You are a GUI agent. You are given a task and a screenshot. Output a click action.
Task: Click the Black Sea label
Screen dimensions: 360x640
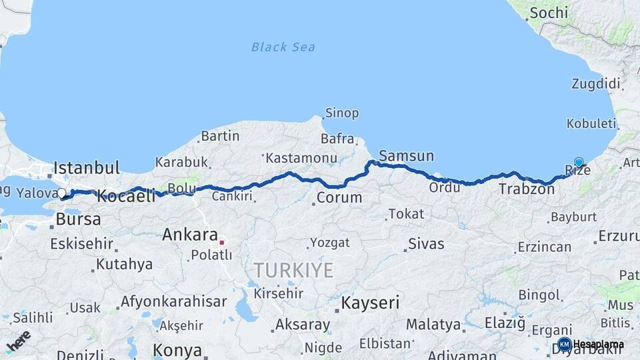(x=283, y=47)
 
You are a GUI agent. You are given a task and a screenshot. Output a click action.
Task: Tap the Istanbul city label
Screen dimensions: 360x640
(x=87, y=167)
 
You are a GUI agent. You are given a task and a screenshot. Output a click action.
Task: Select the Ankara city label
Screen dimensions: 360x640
(x=190, y=235)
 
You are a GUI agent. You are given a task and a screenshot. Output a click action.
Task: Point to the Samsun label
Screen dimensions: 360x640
(x=406, y=156)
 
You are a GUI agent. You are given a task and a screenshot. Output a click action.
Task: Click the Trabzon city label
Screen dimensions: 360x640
(x=527, y=189)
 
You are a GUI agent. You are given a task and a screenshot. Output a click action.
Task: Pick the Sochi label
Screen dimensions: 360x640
(x=547, y=13)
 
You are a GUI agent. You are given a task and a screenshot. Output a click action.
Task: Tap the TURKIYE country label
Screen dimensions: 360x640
(x=293, y=270)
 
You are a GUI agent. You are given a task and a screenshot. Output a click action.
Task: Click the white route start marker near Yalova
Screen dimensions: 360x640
(x=62, y=194)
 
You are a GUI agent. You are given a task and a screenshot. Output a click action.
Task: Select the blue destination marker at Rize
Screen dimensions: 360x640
(x=579, y=162)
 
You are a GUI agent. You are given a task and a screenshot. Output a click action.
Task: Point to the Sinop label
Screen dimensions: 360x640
(x=341, y=113)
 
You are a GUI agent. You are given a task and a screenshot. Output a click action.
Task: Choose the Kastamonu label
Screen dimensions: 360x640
(x=301, y=159)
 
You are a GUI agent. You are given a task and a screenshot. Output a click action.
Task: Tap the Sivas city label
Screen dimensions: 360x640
(x=425, y=243)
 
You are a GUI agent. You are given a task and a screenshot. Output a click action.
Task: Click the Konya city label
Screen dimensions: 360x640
(x=177, y=350)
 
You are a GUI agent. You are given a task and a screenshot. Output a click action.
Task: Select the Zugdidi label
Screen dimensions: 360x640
(x=595, y=84)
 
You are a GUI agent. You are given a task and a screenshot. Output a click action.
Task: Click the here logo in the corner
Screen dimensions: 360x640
(x=19, y=341)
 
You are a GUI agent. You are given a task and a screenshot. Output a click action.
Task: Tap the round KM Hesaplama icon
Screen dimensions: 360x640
(x=565, y=344)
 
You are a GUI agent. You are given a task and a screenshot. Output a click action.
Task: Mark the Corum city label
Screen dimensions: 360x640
(x=339, y=197)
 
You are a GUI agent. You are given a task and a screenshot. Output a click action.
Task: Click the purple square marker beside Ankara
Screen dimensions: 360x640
(x=222, y=243)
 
